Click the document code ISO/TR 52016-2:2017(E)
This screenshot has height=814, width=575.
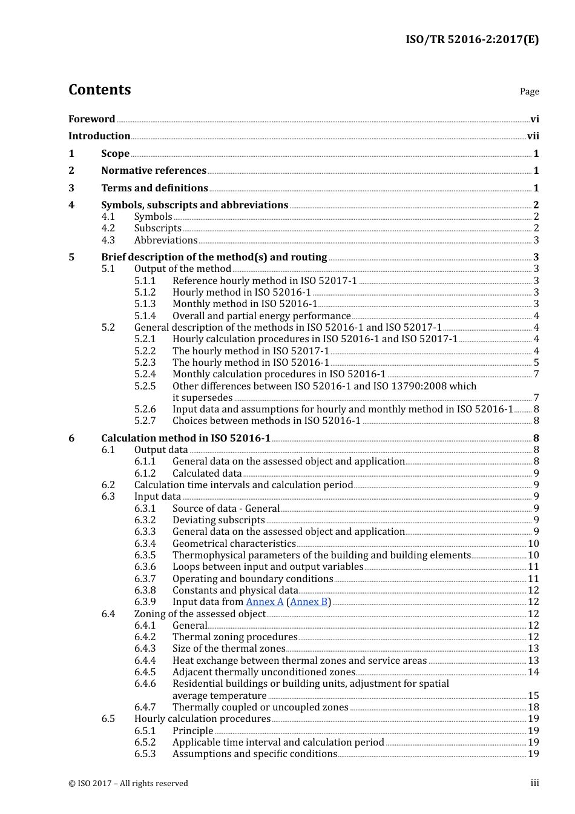[471, 39]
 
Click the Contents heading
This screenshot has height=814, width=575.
[99, 90]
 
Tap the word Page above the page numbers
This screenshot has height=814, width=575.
[529, 91]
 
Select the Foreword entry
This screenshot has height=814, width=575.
[91, 119]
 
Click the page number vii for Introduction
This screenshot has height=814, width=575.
[533, 136]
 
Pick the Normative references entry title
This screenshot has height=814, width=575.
[154, 171]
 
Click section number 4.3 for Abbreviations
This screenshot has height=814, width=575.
[108, 240]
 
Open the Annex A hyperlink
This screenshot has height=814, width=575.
[264, 602]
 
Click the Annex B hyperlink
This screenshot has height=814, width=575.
[309, 602]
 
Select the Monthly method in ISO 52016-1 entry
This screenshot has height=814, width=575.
[245, 304]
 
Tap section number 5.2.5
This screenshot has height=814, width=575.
[145, 386]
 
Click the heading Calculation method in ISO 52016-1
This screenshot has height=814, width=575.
[185, 438]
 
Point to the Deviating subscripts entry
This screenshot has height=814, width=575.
[218, 520]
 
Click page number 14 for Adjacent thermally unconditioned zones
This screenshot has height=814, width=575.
[533, 672]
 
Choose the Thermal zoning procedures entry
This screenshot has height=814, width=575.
[235, 637]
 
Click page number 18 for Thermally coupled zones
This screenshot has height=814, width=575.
[533, 707]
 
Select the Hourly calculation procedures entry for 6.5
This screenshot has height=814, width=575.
[202, 719]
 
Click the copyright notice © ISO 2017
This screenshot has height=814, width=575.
[128, 784]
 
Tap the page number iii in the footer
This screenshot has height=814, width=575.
[534, 783]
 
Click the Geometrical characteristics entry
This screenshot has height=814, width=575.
[234, 544]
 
